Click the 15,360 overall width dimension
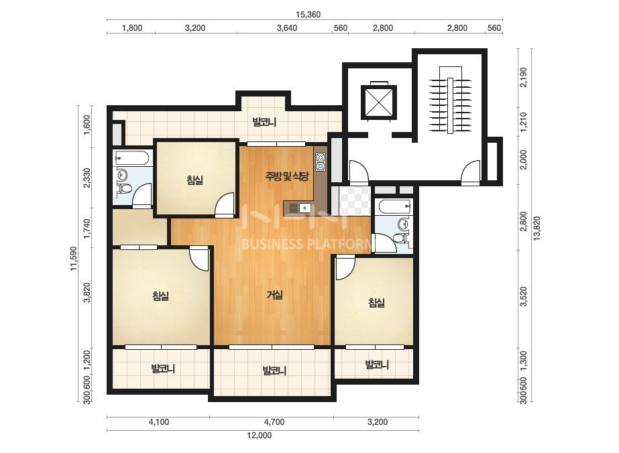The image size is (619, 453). [x=308, y=15]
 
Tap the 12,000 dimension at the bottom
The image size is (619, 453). [x=260, y=436]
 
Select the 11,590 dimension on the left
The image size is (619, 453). [x=74, y=259]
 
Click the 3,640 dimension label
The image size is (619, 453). [x=287, y=28]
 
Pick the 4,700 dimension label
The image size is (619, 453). [x=274, y=422]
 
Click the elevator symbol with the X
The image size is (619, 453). [x=378, y=102]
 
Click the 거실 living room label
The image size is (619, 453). [x=275, y=294]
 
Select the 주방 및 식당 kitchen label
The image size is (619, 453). [x=287, y=176]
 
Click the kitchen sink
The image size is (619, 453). [x=298, y=207]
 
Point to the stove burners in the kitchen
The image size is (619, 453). [x=320, y=161]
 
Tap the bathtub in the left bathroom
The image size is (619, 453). [x=131, y=158]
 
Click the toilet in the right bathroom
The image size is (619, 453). [x=402, y=238]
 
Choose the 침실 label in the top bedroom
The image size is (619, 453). [x=195, y=180]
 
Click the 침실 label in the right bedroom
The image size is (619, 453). [x=377, y=303]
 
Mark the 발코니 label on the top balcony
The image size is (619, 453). [x=264, y=123]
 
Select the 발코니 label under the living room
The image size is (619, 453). [x=274, y=371]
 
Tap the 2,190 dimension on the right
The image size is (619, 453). [x=524, y=77]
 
